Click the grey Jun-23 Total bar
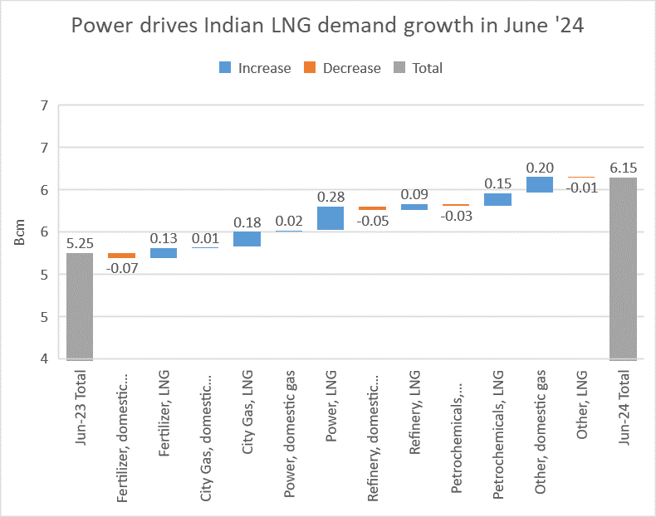pos(80,306)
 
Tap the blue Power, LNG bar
pos(330,218)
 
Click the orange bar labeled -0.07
pos(121,256)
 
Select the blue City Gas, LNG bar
pos(247,239)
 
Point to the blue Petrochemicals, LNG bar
pos(497,199)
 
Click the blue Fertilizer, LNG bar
pos(164,253)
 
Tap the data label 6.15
pos(623,167)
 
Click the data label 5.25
pos(80,243)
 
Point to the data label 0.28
pos(330,197)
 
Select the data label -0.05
pos(372,221)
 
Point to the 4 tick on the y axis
pos(43,358)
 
